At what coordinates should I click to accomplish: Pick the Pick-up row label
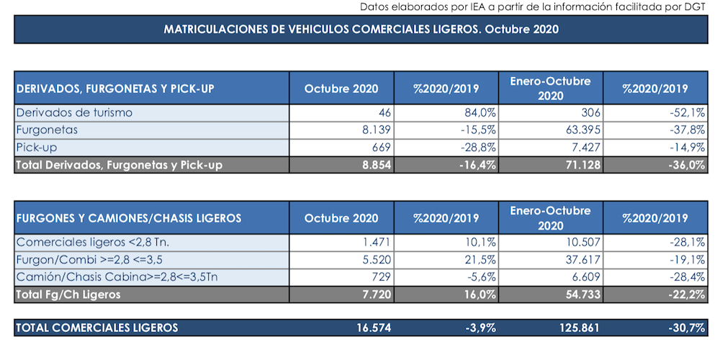[x=36, y=148]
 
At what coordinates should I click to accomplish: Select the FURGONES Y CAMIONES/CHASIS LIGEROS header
[x=129, y=218]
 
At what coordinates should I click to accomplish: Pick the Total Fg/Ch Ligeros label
[x=68, y=294]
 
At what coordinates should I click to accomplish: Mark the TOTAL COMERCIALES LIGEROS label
[x=97, y=328]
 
